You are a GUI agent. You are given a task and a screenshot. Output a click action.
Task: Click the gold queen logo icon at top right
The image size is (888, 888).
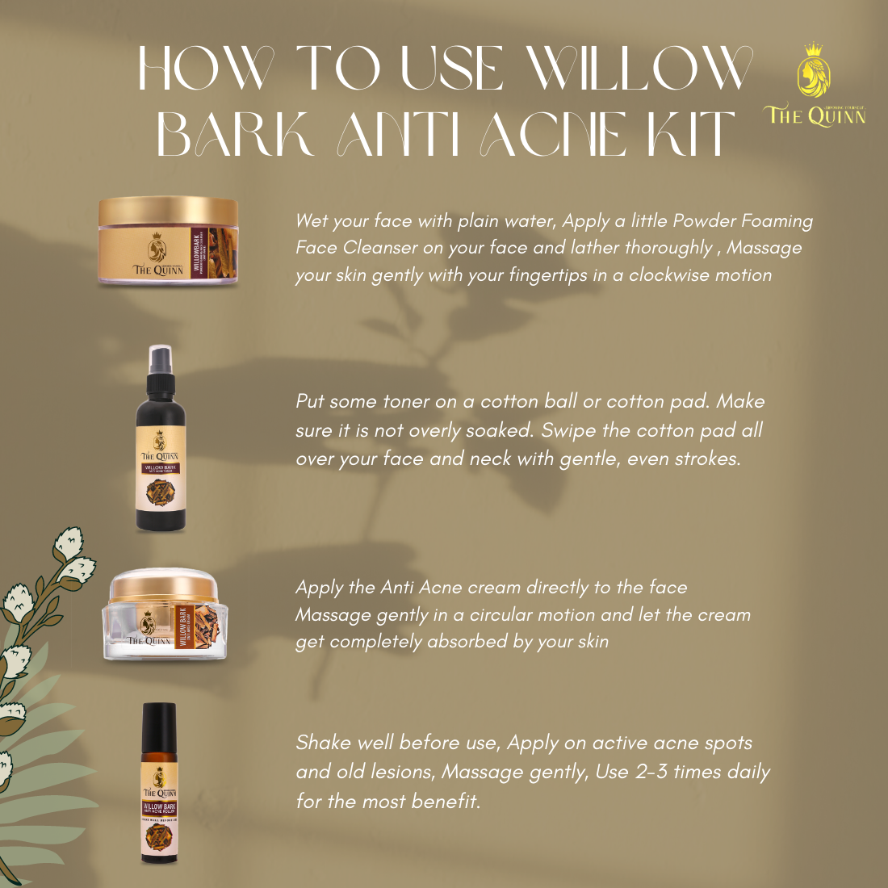coord(814,71)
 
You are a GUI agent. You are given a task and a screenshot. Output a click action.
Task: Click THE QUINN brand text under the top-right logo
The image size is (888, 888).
coord(815,116)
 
